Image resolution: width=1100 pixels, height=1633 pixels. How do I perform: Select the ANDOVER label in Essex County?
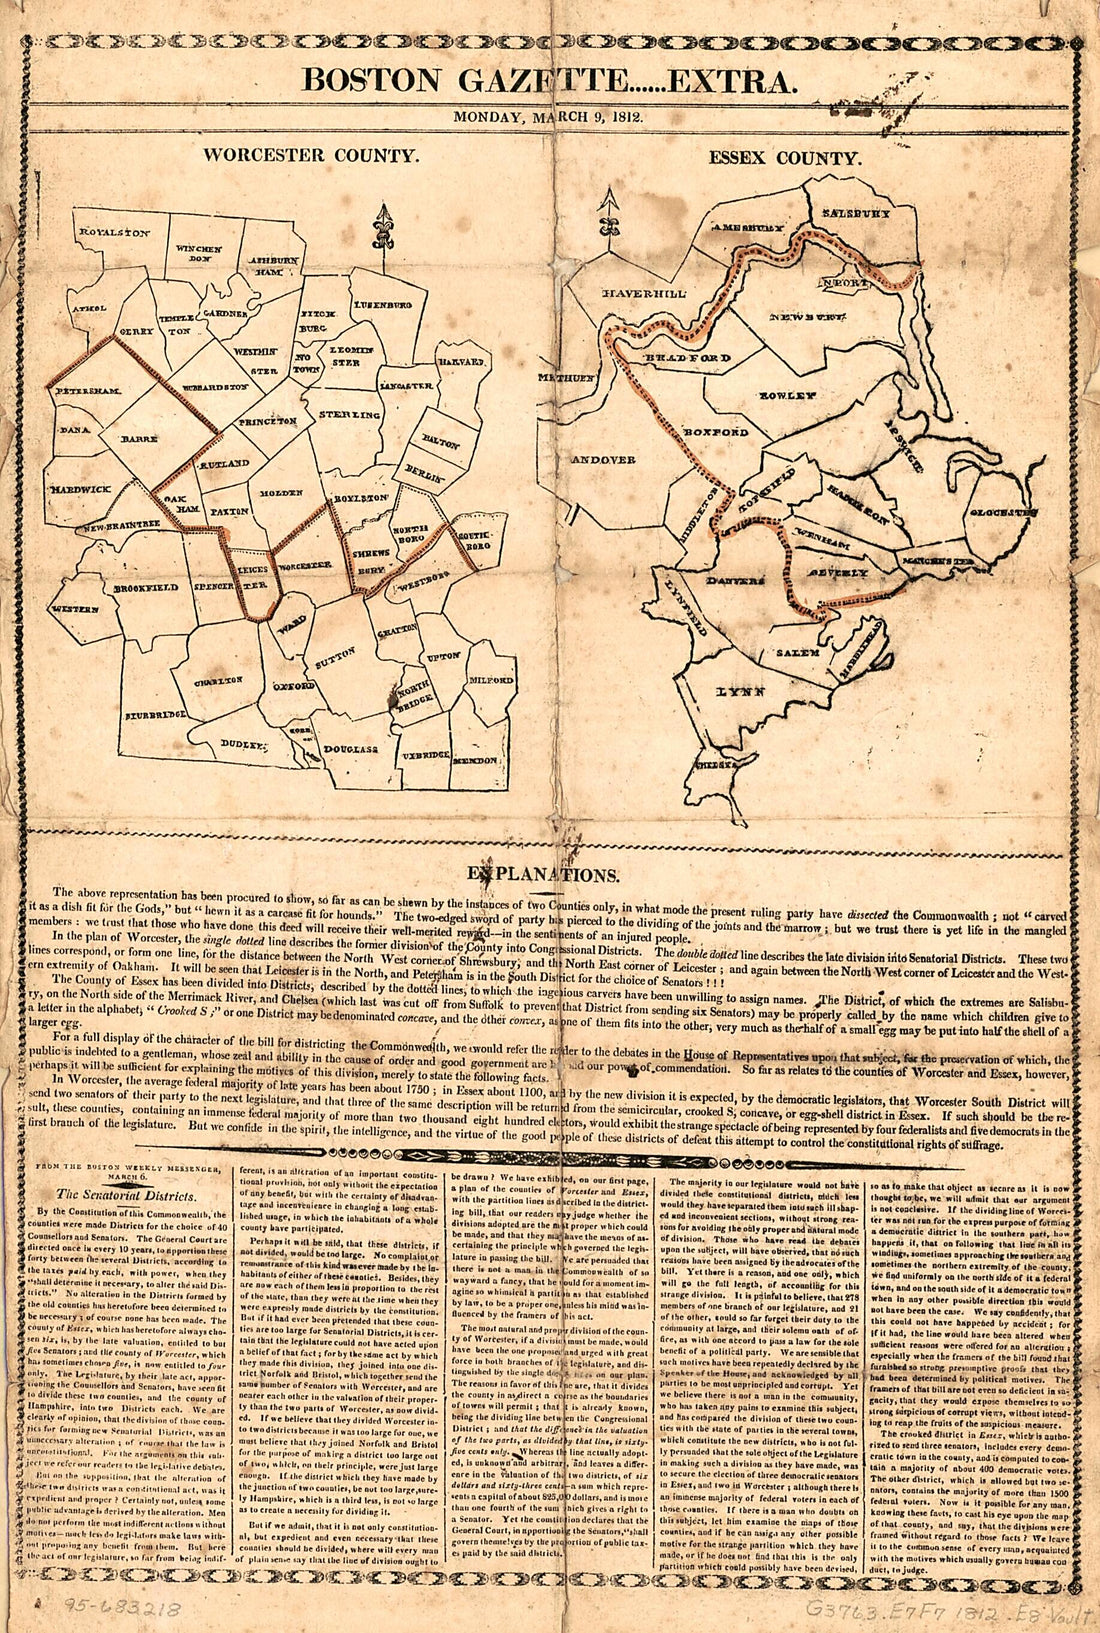[603, 459]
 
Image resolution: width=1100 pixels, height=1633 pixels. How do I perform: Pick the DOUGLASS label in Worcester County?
[348, 747]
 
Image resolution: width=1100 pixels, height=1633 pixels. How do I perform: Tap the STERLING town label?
[350, 414]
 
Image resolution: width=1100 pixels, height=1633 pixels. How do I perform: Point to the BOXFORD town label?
[716, 433]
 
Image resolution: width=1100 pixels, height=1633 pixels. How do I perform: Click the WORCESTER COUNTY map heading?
[310, 156]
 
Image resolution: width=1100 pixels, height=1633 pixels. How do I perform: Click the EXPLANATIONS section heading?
[549, 875]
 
